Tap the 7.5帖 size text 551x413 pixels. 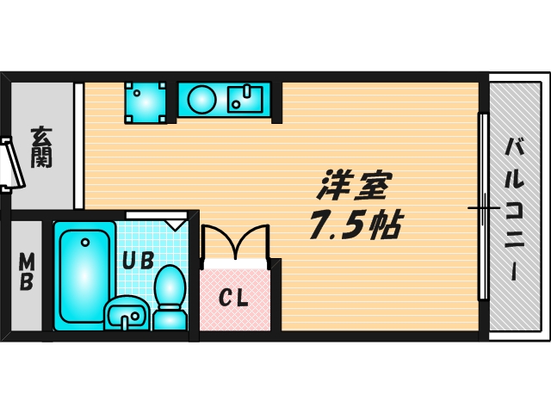353,225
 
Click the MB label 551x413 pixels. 26,271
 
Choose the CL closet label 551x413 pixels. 233,299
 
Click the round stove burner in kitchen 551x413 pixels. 203,99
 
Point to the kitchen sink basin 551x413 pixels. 248,99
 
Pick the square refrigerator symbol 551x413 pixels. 145,102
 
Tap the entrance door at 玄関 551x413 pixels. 10,163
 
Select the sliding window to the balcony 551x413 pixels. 484,206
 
